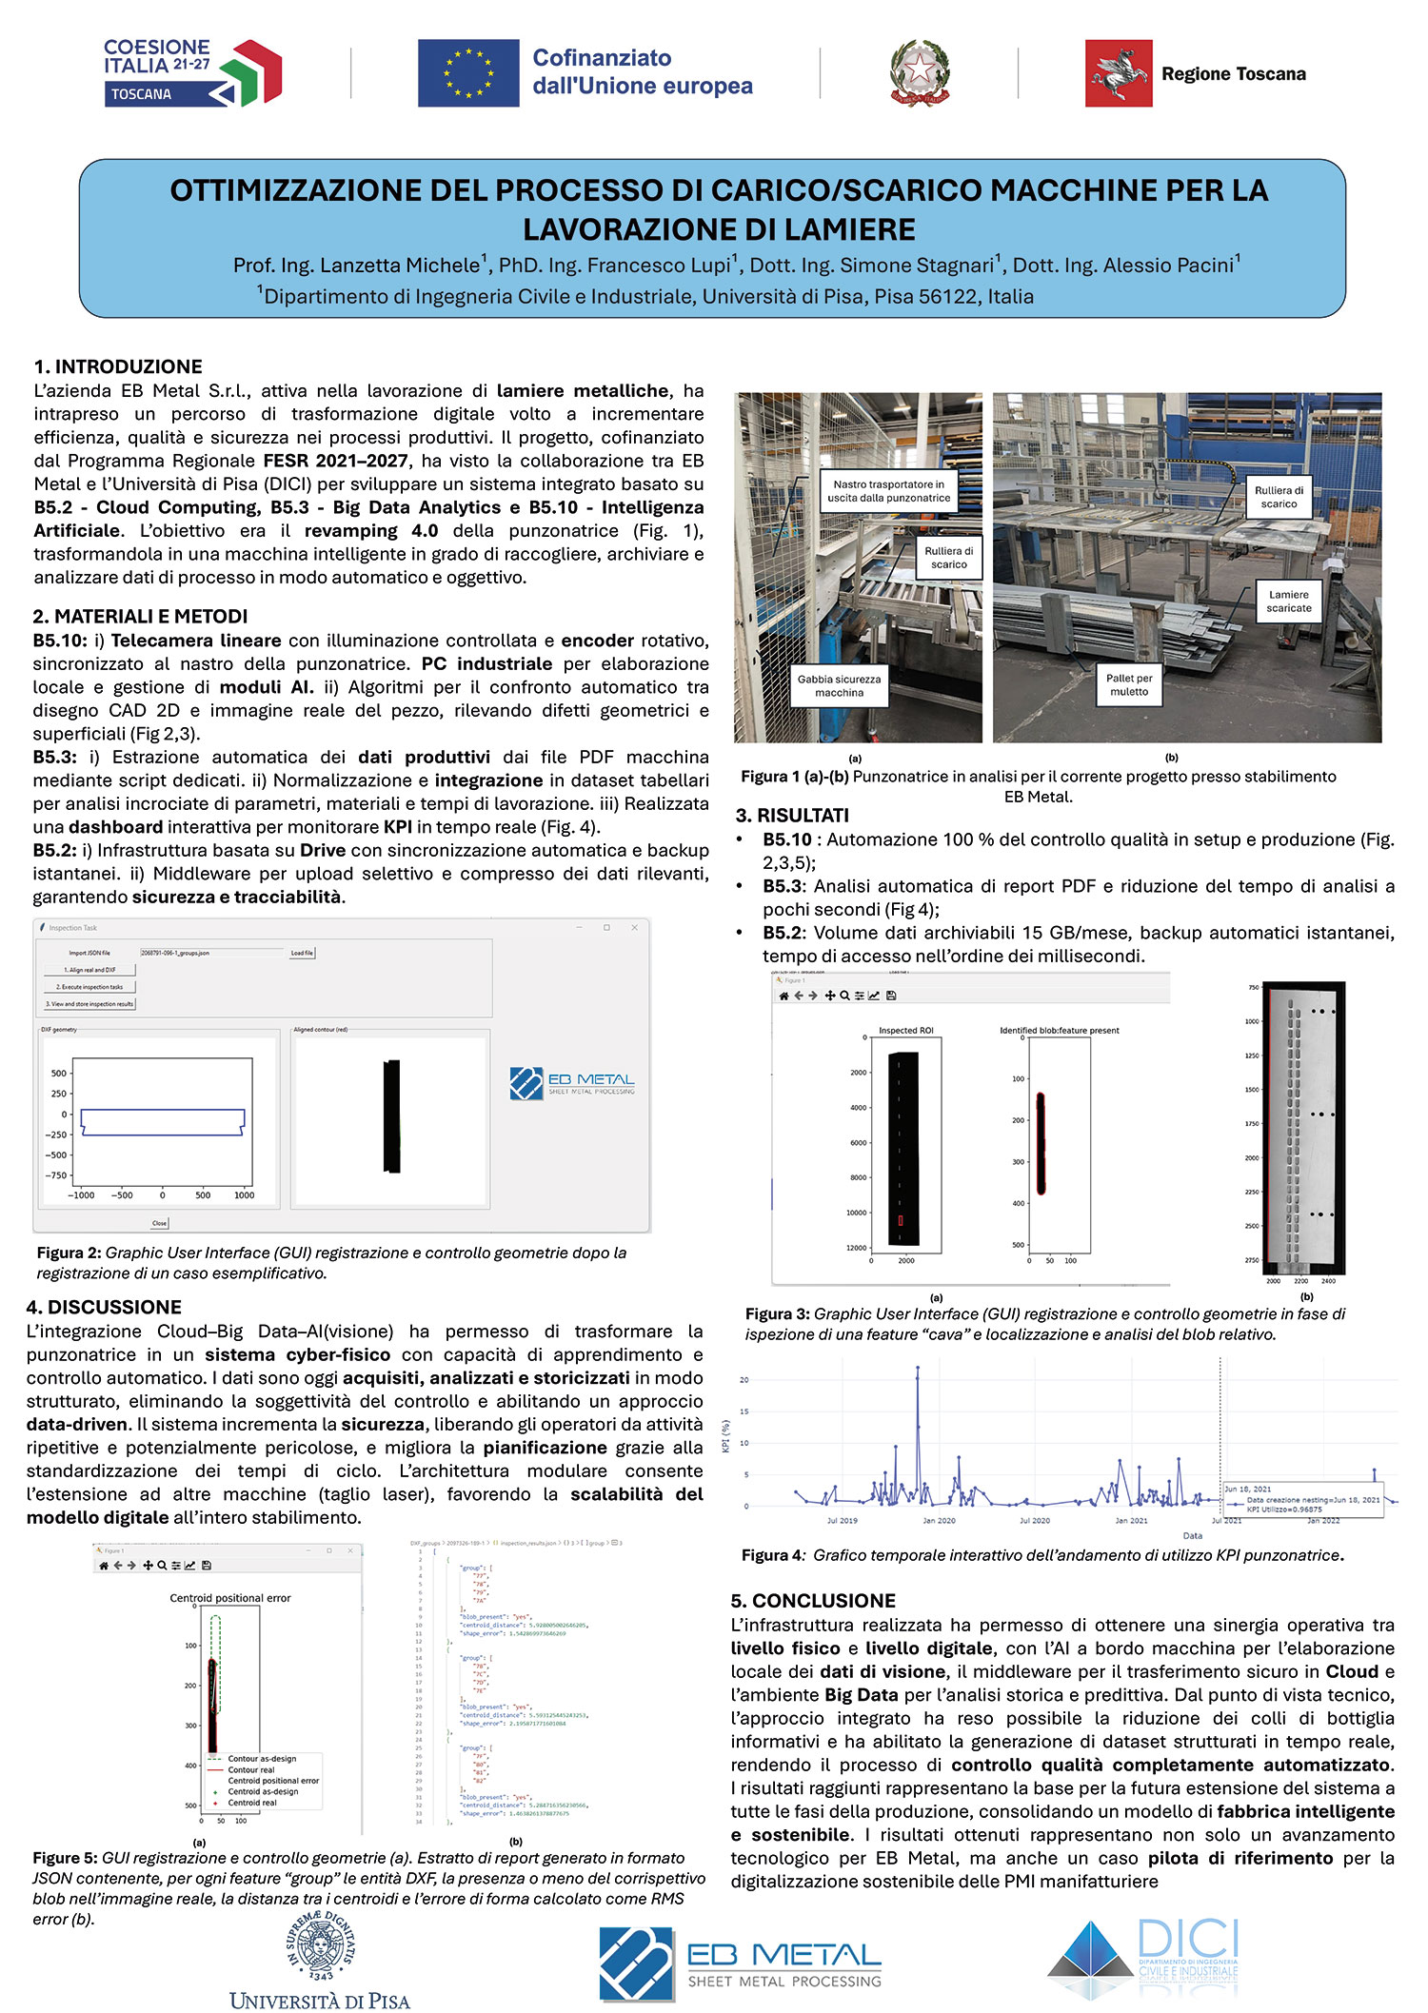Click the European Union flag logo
[x=468, y=73]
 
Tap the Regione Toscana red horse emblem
[x=1119, y=73]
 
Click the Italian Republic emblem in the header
[x=920, y=73]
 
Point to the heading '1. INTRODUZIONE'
[x=118, y=366]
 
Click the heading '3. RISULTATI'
[x=792, y=816]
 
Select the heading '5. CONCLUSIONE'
[x=813, y=1601]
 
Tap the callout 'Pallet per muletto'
[x=1129, y=685]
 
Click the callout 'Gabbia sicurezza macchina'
[x=839, y=686]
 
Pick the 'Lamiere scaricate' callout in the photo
[x=1288, y=602]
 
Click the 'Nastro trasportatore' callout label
[x=888, y=491]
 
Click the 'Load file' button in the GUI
[x=302, y=953]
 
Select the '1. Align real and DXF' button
[x=89, y=970]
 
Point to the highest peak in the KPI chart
[x=918, y=1369]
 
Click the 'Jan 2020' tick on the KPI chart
[x=939, y=1521]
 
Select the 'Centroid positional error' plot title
[x=230, y=1598]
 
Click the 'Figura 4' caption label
[x=772, y=1555]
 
